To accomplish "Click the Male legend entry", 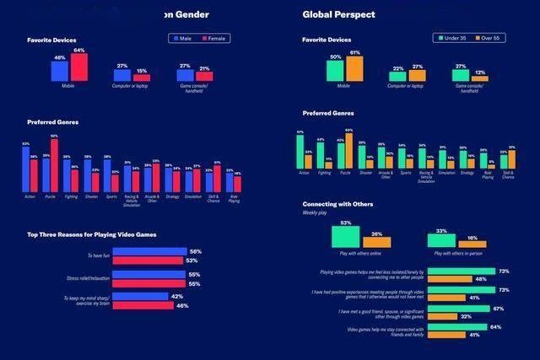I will click(183, 38).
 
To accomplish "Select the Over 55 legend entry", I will click(489, 38).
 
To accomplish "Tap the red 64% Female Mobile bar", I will click(79, 67).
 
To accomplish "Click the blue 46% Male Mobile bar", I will click(60, 71).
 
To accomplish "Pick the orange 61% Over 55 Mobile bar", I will click(354, 68).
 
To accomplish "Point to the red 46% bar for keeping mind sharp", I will click(143, 305).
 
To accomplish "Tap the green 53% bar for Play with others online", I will click(346, 236).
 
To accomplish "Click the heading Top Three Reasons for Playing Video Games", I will click(92, 234).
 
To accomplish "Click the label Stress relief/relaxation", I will click(89, 277).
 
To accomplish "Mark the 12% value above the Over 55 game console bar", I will click(480, 73).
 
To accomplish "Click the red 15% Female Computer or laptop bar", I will click(142, 78).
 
